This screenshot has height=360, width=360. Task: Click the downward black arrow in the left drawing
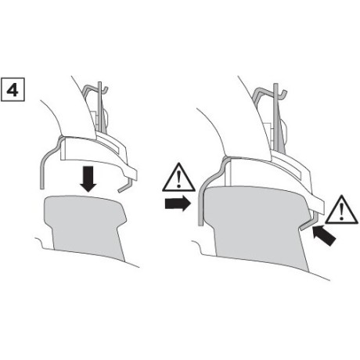click(88, 178)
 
